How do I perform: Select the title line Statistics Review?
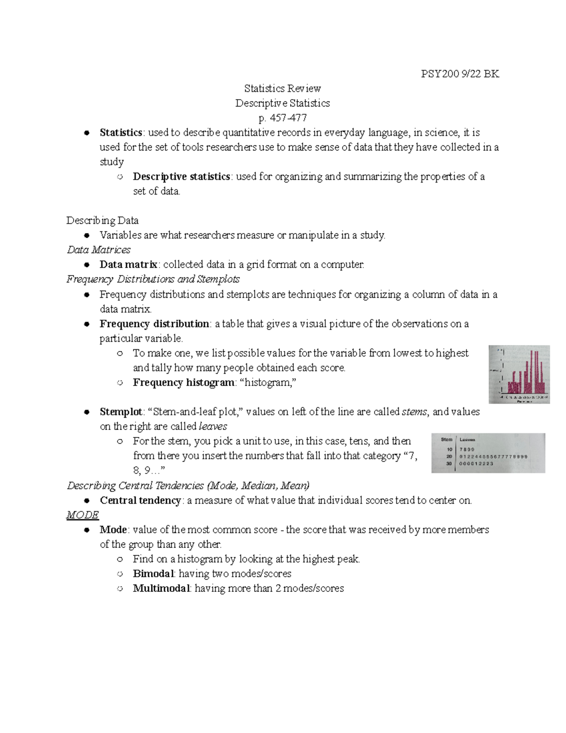pyautogui.click(x=283, y=89)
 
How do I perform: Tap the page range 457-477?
pyautogui.click(x=288, y=118)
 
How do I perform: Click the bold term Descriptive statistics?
pyautogui.click(x=181, y=177)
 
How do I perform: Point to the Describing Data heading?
pyautogui.click(x=102, y=220)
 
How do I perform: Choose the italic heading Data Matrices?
pyautogui.click(x=99, y=250)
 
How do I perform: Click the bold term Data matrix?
pyautogui.click(x=128, y=264)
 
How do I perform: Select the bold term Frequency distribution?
pyautogui.click(x=154, y=324)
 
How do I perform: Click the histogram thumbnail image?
pyautogui.click(x=519, y=374)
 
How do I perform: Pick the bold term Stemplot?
pyautogui.click(x=121, y=412)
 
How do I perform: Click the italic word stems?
pyautogui.click(x=414, y=412)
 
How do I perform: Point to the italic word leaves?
pyautogui.click(x=213, y=426)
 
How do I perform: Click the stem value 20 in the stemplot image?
pyautogui.click(x=449, y=456)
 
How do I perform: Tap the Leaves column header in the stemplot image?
pyautogui.click(x=467, y=439)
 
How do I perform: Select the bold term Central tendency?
pyautogui.click(x=140, y=500)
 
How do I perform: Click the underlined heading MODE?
pyautogui.click(x=83, y=515)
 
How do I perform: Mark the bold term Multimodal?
pyautogui.click(x=162, y=588)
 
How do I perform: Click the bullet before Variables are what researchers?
pyautogui.click(x=87, y=235)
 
